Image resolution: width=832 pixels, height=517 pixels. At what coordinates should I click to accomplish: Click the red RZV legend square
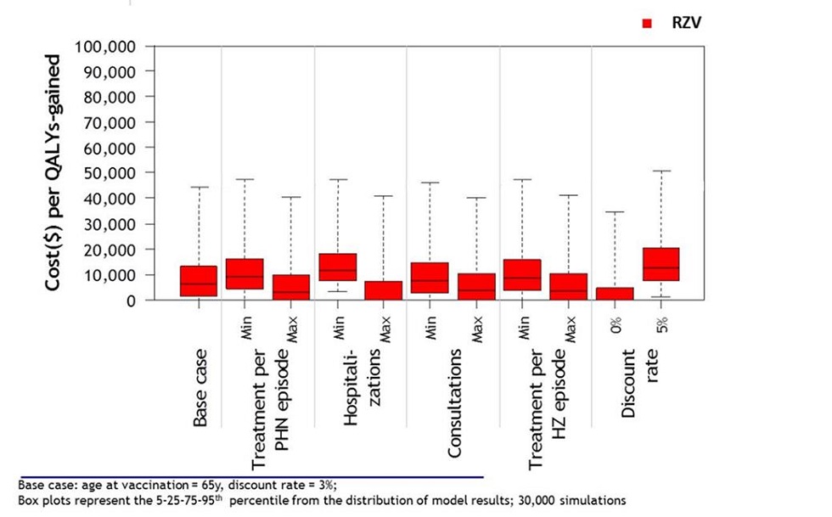pyautogui.click(x=646, y=25)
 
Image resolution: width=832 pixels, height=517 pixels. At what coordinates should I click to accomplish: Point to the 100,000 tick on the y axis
pyautogui.click(x=106, y=46)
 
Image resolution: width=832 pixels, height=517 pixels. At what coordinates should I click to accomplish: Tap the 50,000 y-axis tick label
pyautogui.click(x=110, y=173)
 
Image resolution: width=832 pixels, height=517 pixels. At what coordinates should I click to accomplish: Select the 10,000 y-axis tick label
pyautogui.click(x=110, y=275)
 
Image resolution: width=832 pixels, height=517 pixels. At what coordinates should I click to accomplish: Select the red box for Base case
pyautogui.click(x=199, y=281)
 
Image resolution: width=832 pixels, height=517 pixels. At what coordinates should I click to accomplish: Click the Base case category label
pyautogui.click(x=200, y=386)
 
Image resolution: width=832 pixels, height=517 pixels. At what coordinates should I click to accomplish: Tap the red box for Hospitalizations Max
pyautogui.click(x=384, y=290)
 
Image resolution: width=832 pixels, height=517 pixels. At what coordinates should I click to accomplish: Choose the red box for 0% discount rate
pyautogui.click(x=615, y=294)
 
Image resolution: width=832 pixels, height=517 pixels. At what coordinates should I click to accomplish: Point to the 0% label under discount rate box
pyautogui.click(x=616, y=323)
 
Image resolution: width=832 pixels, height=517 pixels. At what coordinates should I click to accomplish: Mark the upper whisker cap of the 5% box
pyautogui.click(x=661, y=171)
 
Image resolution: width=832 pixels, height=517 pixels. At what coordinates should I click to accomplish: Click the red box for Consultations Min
pyautogui.click(x=430, y=278)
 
